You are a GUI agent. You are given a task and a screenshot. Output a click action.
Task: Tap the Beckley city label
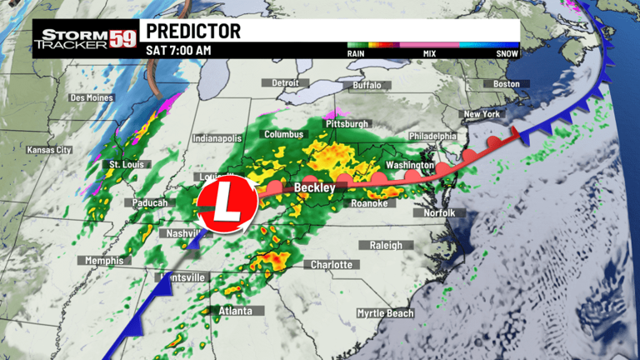click(x=314, y=188)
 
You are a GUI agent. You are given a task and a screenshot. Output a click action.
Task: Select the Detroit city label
click(x=285, y=83)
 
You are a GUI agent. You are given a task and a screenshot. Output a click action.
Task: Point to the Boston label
click(x=506, y=84)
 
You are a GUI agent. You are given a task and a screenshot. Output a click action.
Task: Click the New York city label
click(x=481, y=114)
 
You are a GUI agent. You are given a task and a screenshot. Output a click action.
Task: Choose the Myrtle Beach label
click(x=385, y=313)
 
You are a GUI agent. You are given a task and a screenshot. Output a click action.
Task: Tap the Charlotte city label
click(x=332, y=265)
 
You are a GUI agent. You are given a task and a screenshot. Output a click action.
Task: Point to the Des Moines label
click(x=91, y=98)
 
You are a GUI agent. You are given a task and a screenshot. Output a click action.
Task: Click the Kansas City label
click(x=49, y=150)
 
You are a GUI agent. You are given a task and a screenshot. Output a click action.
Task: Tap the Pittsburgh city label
click(x=346, y=124)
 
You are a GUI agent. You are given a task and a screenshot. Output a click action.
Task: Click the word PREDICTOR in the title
click(x=193, y=32)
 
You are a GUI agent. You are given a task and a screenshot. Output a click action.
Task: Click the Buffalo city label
click(x=367, y=86)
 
